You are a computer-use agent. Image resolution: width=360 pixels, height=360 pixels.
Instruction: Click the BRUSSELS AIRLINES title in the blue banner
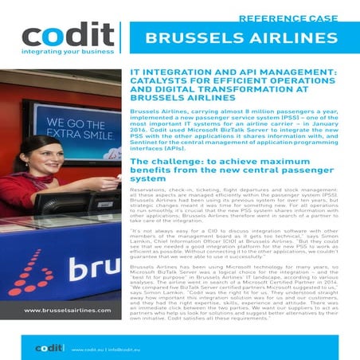[239, 41]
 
